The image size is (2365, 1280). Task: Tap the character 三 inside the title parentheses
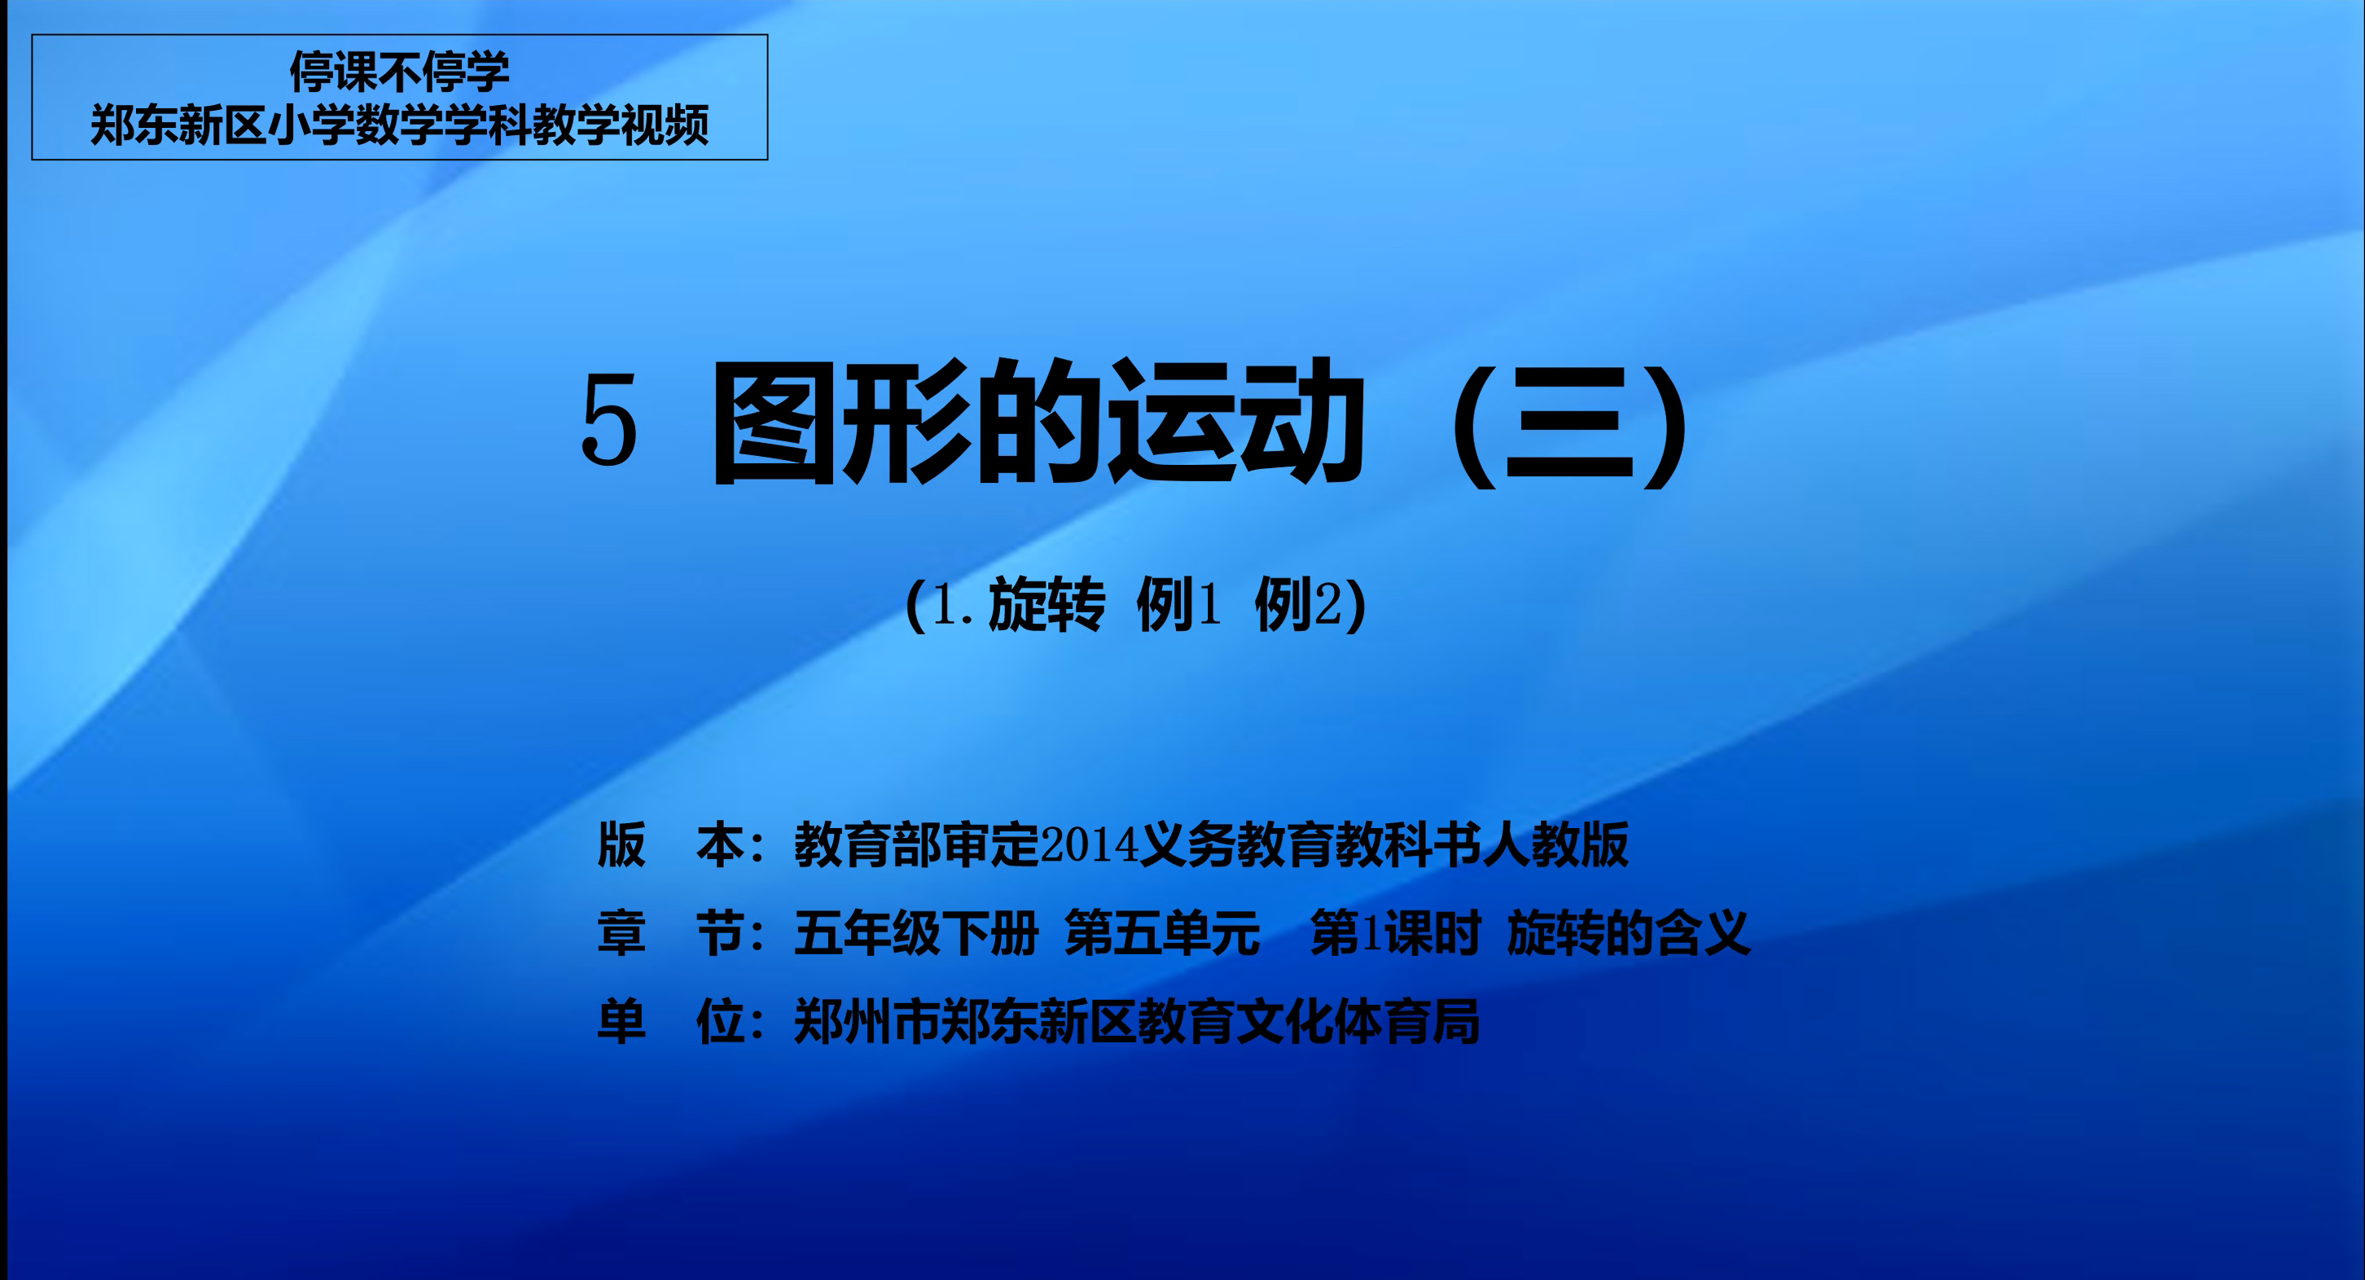(x=1569, y=423)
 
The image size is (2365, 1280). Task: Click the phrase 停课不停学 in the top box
(x=399, y=71)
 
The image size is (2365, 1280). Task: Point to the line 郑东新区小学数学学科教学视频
(x=399, y=124)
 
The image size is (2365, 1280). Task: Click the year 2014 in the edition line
(x=1088, y=844)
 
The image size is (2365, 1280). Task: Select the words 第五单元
(x=1162, y=933)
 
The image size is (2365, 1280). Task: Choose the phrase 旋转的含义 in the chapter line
(x=1629, y=933)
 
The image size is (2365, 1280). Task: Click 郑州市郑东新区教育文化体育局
(x=1137, y=1021)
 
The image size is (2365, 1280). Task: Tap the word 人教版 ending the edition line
(x=1555, y=844)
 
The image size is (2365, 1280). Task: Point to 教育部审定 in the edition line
(x=916, y=844)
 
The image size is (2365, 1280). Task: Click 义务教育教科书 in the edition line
(x=1310, y=844)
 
